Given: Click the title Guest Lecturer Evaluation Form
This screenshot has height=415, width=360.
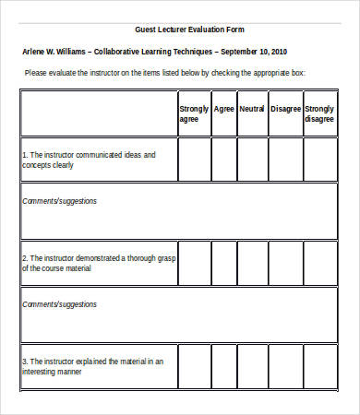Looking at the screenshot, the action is coord(189,30).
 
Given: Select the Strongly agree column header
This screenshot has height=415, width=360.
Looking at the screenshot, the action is coord(194,113).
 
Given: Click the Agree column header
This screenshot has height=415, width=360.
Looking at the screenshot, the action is coord(223,108).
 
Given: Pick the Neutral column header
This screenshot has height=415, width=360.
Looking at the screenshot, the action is coord(252,108).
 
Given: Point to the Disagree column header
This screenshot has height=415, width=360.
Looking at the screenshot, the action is coord(285,108).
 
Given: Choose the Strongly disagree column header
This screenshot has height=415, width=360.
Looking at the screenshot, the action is coord(319,113).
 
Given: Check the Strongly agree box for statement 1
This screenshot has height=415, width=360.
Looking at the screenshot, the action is coord(194,160).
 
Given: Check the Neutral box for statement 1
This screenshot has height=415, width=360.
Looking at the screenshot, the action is coord(252,160).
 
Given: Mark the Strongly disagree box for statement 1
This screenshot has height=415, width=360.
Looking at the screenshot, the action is coord(319,160).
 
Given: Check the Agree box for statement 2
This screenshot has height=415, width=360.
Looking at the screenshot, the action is coord(223,263).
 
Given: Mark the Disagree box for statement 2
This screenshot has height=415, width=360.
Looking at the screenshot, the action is coord(285,263).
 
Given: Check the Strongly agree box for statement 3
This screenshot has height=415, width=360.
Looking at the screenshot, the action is coord(194,366).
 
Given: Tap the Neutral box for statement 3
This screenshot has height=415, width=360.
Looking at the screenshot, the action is coord(252,366).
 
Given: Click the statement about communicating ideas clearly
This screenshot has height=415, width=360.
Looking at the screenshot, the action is coord(88,160).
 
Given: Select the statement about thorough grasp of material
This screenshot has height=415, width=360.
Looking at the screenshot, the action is coord(98,263).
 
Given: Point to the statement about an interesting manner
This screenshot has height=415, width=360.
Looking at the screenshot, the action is coord(92,366).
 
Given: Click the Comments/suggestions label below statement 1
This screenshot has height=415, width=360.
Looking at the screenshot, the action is coord(59,200).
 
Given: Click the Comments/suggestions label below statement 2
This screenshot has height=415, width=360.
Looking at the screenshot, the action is coord(59,303).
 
